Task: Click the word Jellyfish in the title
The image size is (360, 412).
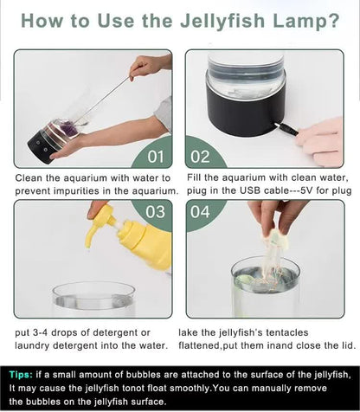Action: tap(222, 22)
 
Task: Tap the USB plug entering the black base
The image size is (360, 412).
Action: tap(286, 129)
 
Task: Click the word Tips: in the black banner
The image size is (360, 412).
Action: tap(21, 375)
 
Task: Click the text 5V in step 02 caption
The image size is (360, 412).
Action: tap(307, 190)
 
